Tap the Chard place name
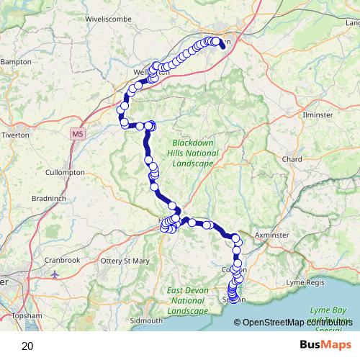click(x=292, y=159)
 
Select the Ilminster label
click(x=318, y=115)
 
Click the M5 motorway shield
click(x=78, y=133)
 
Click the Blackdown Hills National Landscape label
click(x=192, y=153)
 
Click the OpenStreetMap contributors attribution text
click(x=294, y=322)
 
